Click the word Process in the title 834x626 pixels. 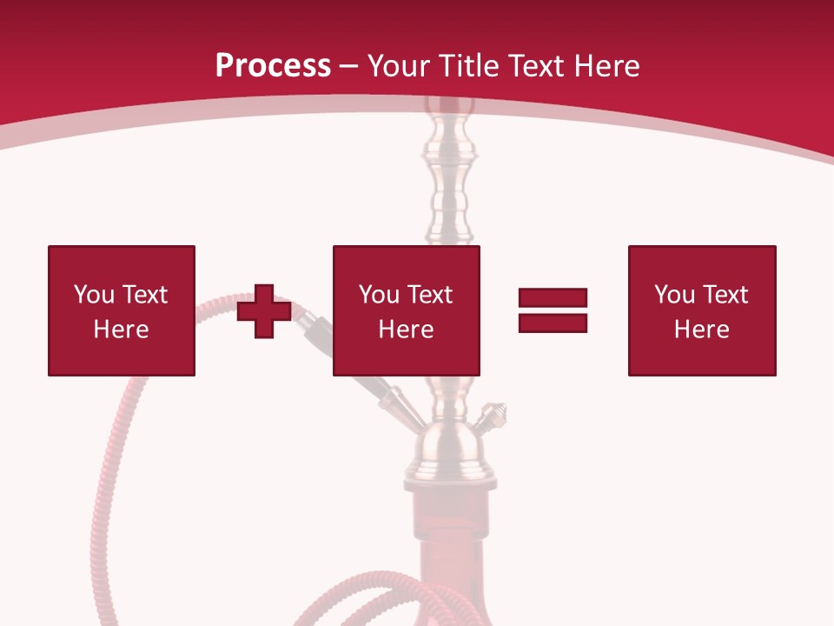pyautogui.click(x=273, y=66)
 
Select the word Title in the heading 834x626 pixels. pyautogui.click(x=468, y=66)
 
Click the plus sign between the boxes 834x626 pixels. pyautogui.click(x=264, y=310)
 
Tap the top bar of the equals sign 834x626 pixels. pyautogui.click(x=553, y=298)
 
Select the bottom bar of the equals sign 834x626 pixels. pyautogui.click(x=553, y=323)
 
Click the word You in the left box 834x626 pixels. pyautogui.click(x=94, y=295)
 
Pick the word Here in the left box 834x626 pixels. pyautogui.click(x=121, y=330)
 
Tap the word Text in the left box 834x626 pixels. pyautogui.click(x=144, y=295)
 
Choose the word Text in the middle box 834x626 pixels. pyautogui.click(x=429, y=295)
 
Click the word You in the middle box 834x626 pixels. pyautogui.click(x=379, y=295)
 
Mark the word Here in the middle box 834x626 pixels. pyautogui.click(x=406, y=330)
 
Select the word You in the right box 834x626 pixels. pyautogui.click(x=674, y=295)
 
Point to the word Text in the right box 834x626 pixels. pyautogui.click(x=725, y=295)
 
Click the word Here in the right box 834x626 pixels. pyautogui.click(x=701, y=330)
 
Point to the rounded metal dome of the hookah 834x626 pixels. pyautogui.click(x=448, y=443)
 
